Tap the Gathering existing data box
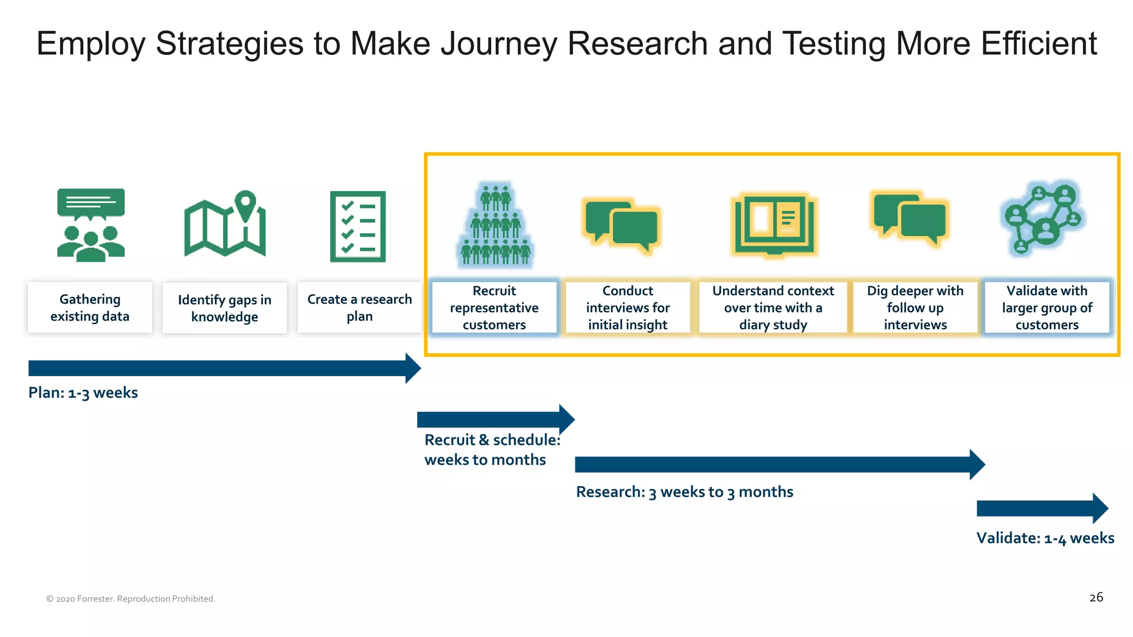[90, 307]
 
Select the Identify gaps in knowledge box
[225, 308]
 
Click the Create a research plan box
[359, 307]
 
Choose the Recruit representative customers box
[494, 307]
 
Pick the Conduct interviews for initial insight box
[628, 307]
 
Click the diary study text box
[773, 307]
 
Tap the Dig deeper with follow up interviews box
[915, 307]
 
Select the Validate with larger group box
[1047, 307]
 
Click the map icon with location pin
[225, 224]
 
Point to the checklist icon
[358, 226]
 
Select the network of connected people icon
[1043, 218]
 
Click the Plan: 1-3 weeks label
[83, 393]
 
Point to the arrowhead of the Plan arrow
[413, 368]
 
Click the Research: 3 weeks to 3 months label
[684, 492]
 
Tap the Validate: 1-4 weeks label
[1045, 538]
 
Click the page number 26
[1096, 597]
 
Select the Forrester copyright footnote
[131, 599]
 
